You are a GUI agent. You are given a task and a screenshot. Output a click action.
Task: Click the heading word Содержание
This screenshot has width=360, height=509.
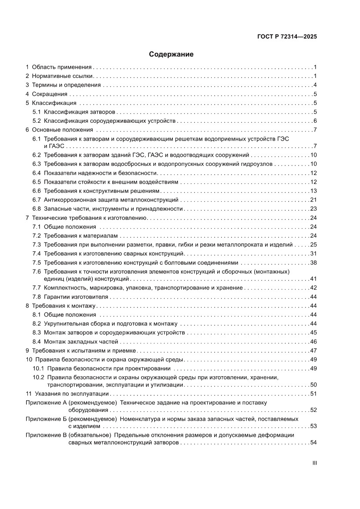click(171, 54)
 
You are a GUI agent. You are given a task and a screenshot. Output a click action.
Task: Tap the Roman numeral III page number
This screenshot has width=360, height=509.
click(314, 463)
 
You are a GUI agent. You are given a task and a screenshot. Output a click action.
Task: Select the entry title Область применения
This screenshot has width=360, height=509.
click(61, 67)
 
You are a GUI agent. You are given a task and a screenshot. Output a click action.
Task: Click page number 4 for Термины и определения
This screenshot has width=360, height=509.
click(315, 85)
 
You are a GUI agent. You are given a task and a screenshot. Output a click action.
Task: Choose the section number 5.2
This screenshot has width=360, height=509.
click(37, 121)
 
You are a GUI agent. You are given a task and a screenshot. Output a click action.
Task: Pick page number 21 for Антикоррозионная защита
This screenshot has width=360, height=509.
click(313, 200)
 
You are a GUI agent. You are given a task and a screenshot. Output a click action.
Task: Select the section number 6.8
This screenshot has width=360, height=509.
click(37, 209)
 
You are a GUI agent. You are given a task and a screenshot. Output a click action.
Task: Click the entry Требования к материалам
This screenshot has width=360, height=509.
click(74, 236)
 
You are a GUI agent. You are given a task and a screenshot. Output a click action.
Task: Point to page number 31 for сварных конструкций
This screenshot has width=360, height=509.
click(313, 253)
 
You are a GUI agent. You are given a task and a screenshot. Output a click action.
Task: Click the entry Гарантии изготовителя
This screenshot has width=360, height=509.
click(76, 297)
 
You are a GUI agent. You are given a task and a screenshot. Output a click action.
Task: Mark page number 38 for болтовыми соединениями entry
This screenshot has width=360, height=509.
click(313, 263)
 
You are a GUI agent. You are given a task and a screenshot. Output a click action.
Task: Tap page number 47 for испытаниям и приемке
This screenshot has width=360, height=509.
click(313, 351)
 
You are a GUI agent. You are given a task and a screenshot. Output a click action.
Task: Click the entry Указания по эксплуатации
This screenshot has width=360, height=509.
click(71, 394)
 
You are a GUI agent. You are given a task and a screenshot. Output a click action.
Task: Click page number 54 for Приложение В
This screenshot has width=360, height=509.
click(313, 443)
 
